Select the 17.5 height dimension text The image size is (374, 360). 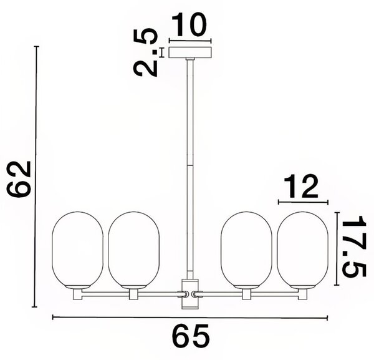[353, 246]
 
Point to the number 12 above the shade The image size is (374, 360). [301, 186]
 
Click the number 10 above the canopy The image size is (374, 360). [189, 24]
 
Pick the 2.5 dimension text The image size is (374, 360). [145, 52]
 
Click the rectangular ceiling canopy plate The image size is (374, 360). [190, 52]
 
